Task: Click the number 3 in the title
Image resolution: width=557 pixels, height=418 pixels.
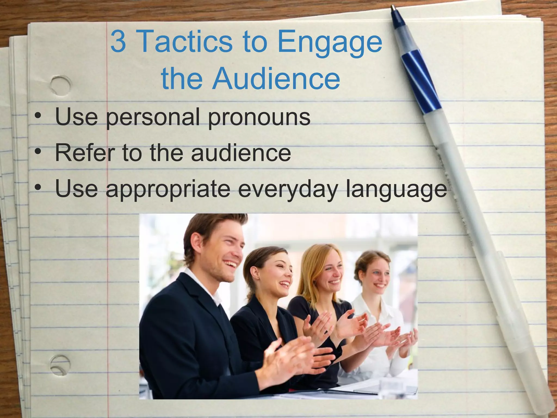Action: click(x=119, y=41)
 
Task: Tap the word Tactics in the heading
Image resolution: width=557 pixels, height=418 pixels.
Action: click(x=186, y=41)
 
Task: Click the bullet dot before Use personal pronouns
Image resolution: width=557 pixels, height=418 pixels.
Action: click(x=38, y=116)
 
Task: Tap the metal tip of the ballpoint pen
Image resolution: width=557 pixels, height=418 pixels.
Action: click(x=393, y=8)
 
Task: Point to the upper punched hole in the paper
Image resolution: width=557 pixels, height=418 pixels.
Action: click(x=60, y=85)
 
